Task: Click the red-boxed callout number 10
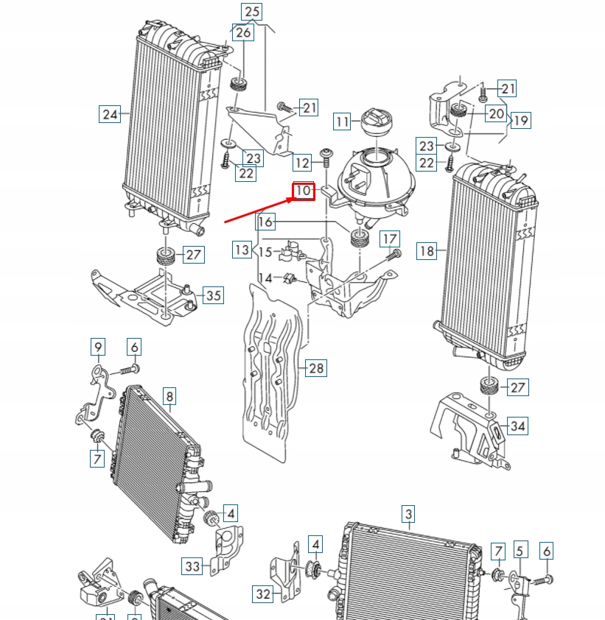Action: click(x=304, y=191)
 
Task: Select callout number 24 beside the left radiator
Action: click(x=110, y=114)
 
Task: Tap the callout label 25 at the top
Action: click(x=251, y=11)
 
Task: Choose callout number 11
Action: click(x=342, y=121)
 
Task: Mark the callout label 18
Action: click(x=427, y=250)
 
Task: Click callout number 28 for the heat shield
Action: click(x=316, y=368)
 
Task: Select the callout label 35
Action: click(x=213, y=296)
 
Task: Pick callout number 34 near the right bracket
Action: click(x=518, y=426)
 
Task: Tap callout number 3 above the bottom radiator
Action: click(x=408, y=513)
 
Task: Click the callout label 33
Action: click(x=192, y=566)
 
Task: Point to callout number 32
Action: click(x=263, y=593)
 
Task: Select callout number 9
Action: click(x=98, y=346)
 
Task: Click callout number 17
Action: click(x=390, y=239)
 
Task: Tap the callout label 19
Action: click(x=520, y=120)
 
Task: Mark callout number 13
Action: click(x=242, y=250)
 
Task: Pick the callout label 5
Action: click(x=521, y=550)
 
